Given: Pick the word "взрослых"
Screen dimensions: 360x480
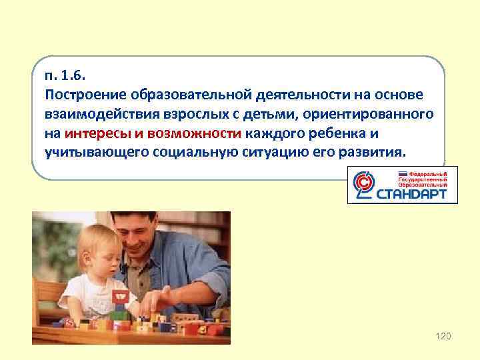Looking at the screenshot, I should pos(162,114).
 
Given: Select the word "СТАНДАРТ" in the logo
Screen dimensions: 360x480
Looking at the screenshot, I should pos(417,195).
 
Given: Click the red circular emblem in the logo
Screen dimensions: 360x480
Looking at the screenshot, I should pos(363,185).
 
